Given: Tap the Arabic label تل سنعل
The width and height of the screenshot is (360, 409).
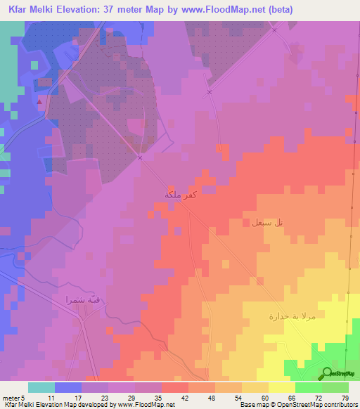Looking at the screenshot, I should tap(267, 223).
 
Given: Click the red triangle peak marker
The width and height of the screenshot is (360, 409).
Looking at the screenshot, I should tap(40, 102).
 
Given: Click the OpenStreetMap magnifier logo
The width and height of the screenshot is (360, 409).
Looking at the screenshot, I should tap(327, 373).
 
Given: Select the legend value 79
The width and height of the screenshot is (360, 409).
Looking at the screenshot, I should tap(344, 397).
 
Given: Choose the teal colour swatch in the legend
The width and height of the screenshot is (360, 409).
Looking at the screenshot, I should tap(41, 387).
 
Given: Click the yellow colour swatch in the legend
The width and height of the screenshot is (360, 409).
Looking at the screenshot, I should tap(281, 387).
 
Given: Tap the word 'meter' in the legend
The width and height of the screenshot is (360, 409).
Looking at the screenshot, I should tap(11, 397).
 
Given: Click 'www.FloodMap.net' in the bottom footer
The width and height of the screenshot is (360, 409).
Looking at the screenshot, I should tap(146, 405).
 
